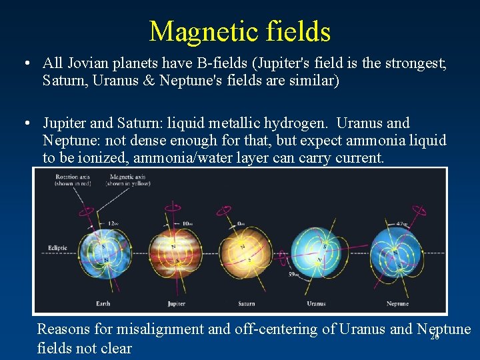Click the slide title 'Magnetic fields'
click(x=240, y=31)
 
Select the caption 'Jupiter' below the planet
click(x=176, y=304)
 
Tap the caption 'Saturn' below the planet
click(x=247, y=304)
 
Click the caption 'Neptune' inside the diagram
click(x=397, y=304)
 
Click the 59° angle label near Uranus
click(x=293, y=273)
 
